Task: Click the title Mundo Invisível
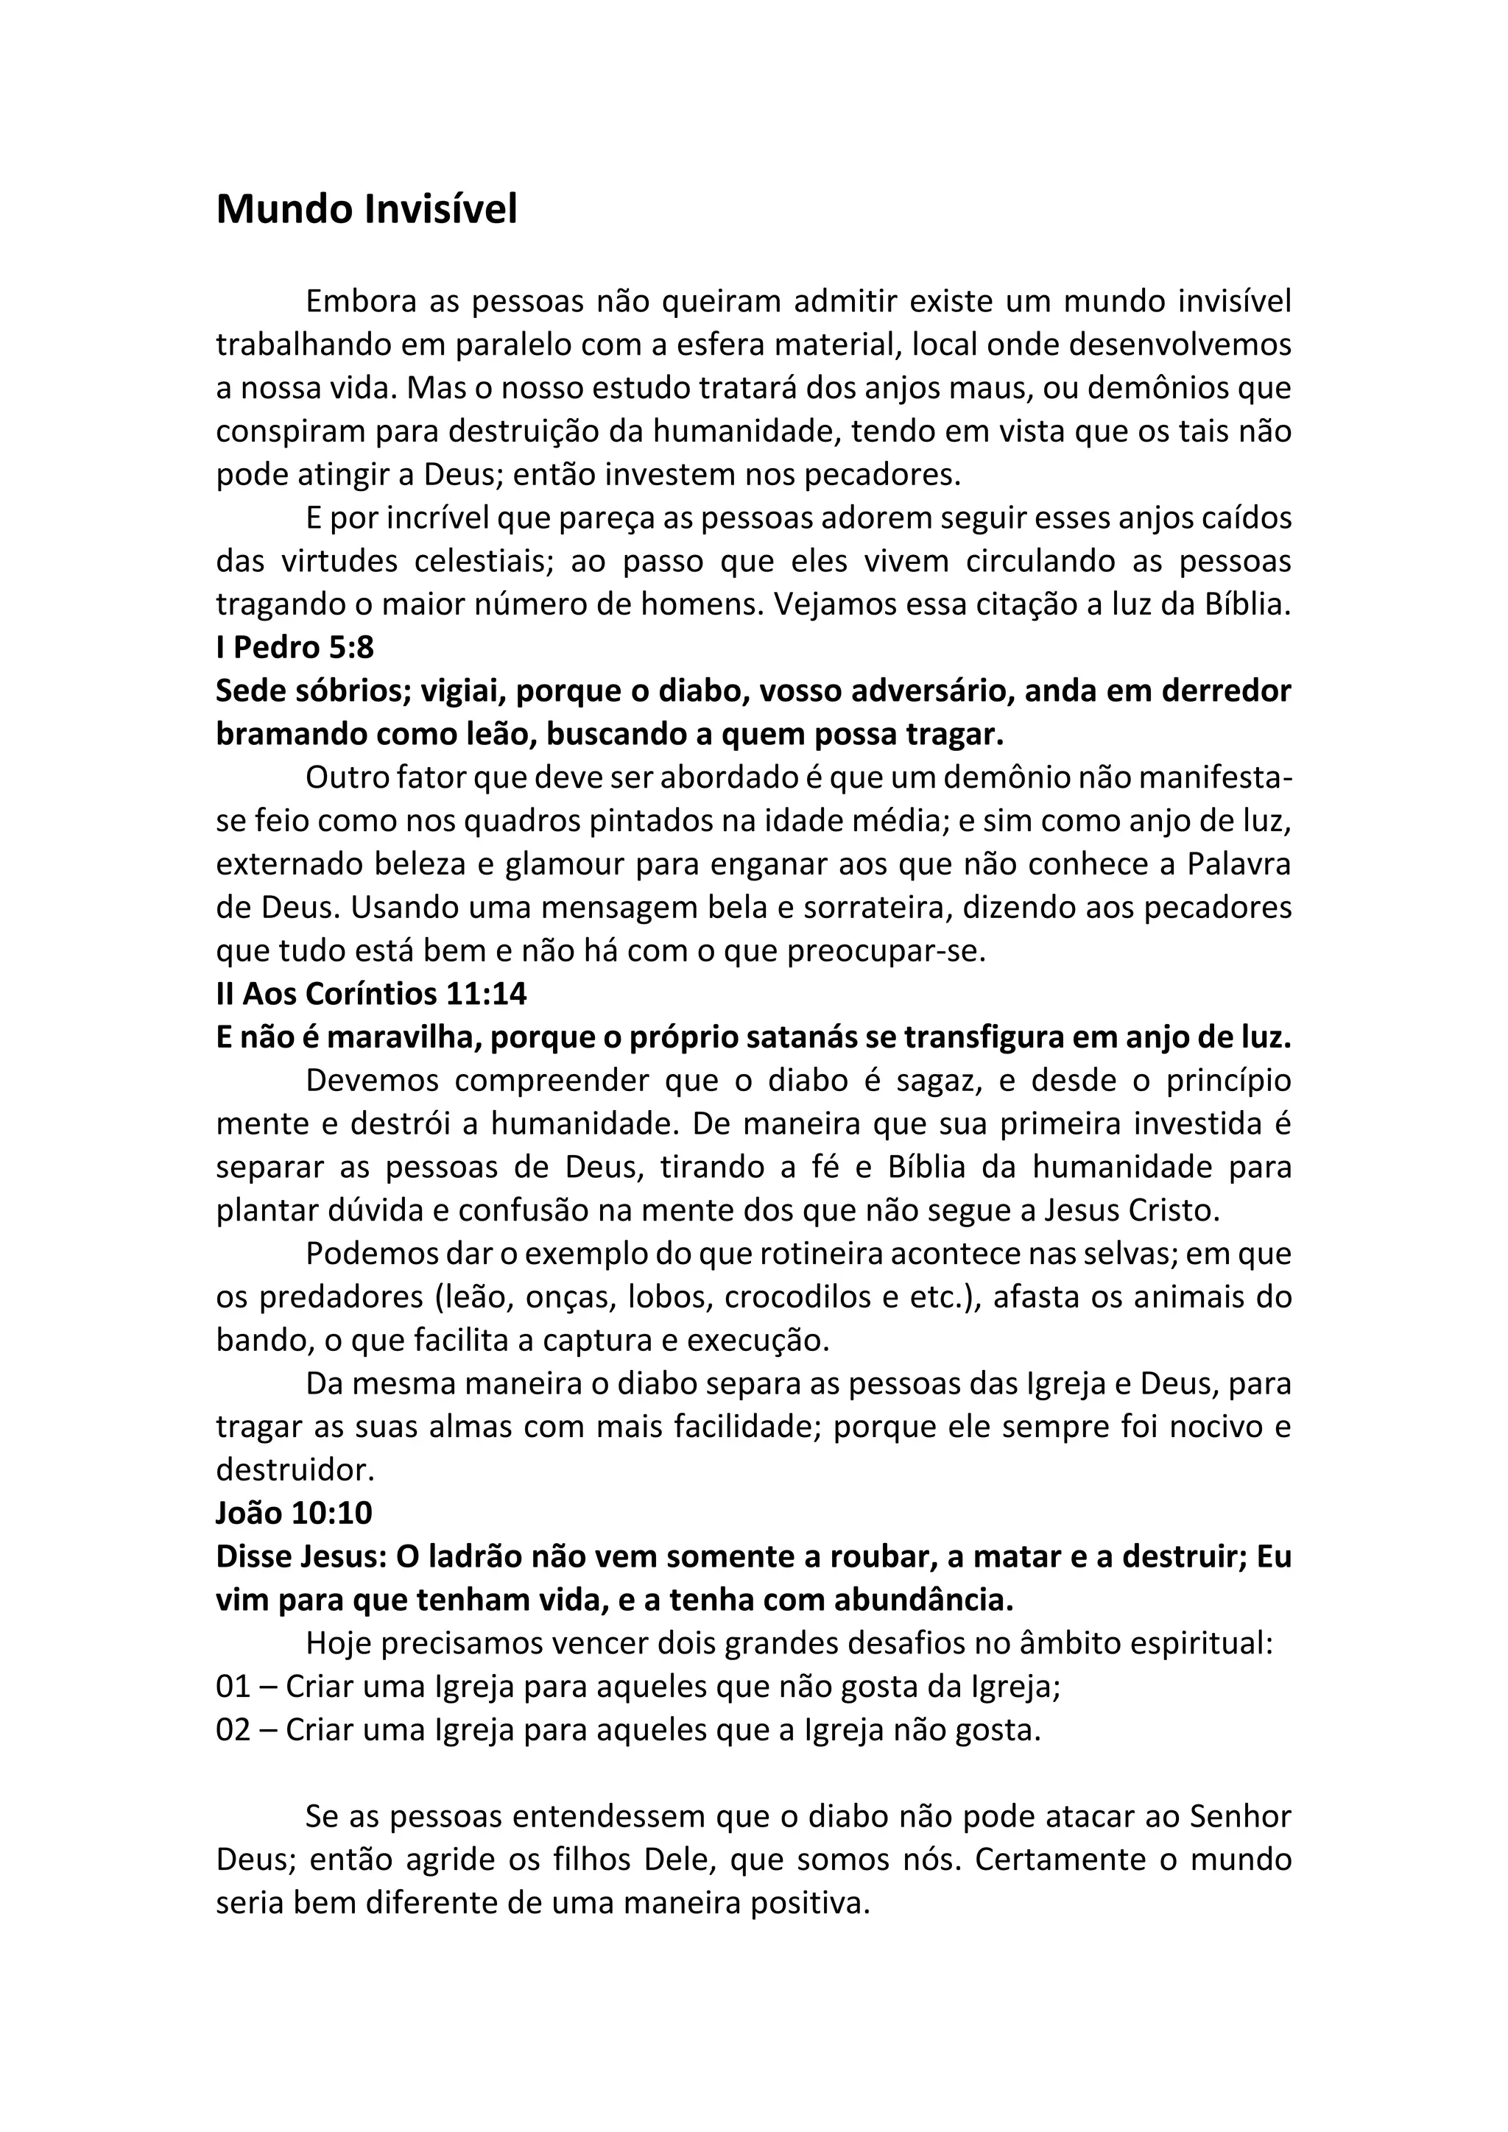[367, 210]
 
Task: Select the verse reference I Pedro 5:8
[295, 647]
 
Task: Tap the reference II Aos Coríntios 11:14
[371, 994]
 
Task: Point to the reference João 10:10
[294, 1514]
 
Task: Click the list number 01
[233, 1687]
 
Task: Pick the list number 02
[233, 1730]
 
